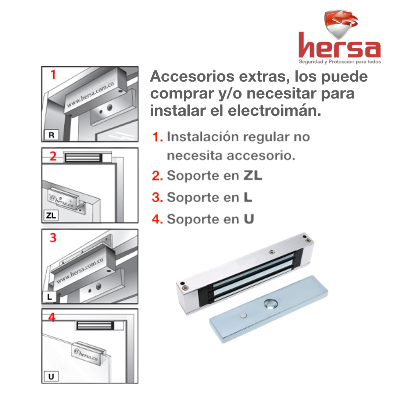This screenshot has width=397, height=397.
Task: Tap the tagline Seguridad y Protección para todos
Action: [340, 62]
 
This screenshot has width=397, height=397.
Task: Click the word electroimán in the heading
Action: [275, 111]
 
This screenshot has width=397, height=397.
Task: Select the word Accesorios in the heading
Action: [192, 76]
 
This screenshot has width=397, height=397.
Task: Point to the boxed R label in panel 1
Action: [51, 135]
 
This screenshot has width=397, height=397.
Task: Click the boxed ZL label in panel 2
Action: [51, 215]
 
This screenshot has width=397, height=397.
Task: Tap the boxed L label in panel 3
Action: [50, 297]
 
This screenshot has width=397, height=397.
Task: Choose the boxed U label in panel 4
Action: [51, 376]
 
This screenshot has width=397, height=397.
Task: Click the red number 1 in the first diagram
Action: [53, 75]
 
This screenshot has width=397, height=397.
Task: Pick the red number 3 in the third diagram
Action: [53, 238]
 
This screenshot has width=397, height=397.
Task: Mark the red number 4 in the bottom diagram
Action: [52, 317]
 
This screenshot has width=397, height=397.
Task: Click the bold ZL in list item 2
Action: [253, 175]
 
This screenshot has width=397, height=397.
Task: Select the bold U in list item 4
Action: [249, 219]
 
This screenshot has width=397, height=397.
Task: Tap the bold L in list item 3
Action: [248, 197]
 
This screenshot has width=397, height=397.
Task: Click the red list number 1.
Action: [157, 137]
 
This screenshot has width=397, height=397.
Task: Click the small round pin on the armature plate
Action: [244, 315]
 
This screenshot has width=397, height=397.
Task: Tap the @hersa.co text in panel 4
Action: [86, 354]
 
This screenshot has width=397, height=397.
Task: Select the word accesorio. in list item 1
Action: [261, 155]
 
